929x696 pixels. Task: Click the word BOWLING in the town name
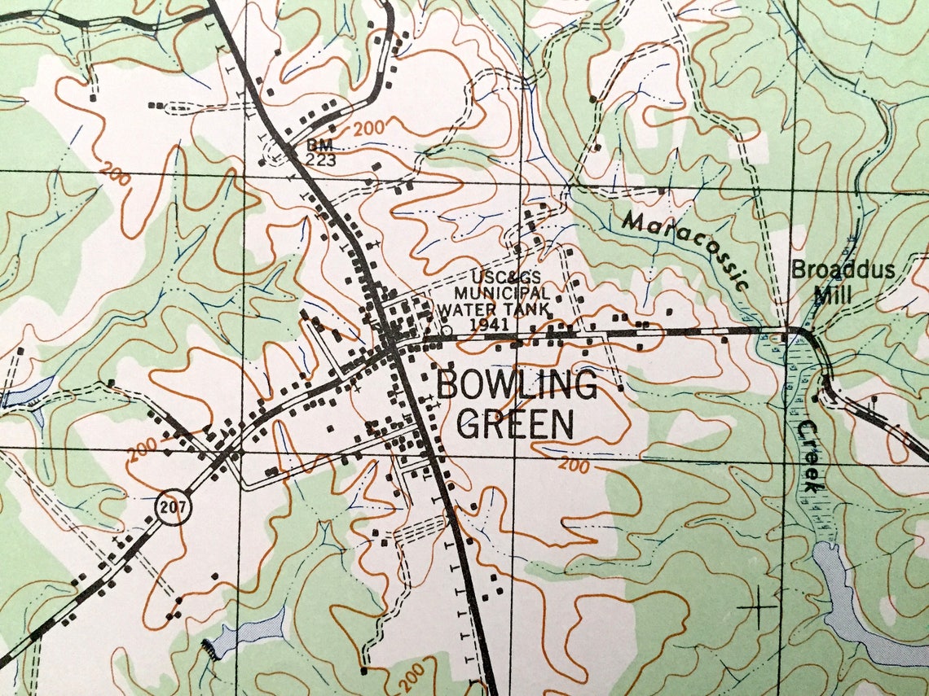click(516, 385)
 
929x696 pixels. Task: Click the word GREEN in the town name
click(515, 424)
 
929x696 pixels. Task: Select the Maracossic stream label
click(685, 249)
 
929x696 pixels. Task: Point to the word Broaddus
click(843, 269)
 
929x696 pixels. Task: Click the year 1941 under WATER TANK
click(489, 324)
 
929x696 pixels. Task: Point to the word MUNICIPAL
click(501, 292)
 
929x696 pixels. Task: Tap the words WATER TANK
click(493, 309)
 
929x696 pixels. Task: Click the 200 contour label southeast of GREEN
click(574, 466)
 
